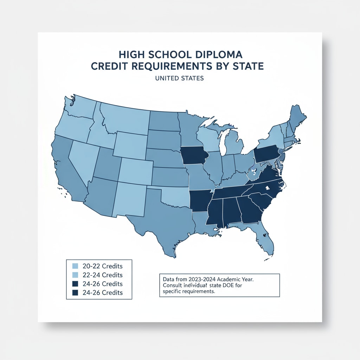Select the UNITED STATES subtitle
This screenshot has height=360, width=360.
180,78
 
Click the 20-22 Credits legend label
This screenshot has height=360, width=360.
102,266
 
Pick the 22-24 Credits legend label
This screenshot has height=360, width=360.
102,275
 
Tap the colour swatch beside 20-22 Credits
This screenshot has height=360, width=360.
75,266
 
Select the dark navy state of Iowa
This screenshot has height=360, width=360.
194,155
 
